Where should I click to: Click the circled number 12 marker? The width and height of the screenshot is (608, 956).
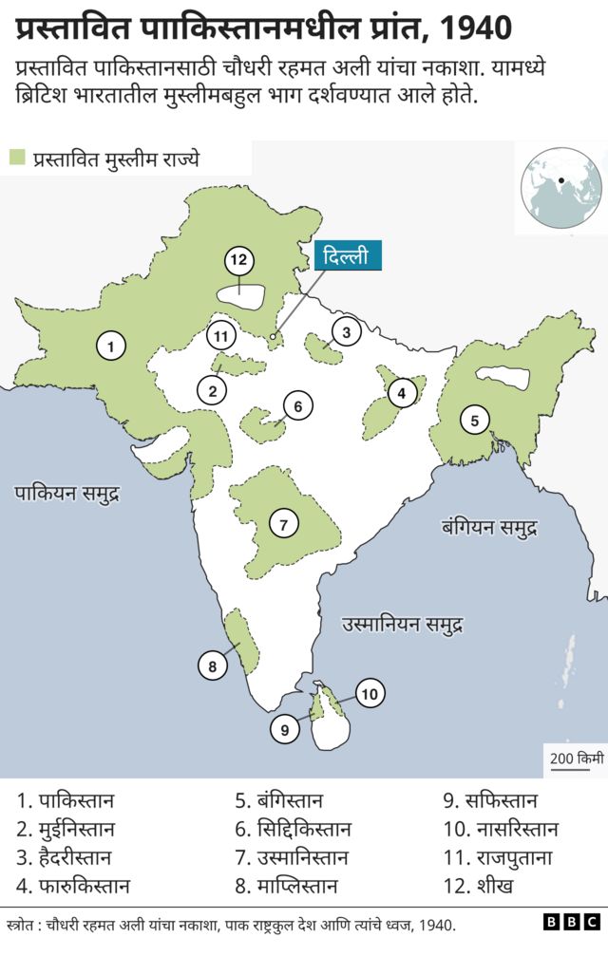[x=238, y=260]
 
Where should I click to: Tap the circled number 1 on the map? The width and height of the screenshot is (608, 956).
[x=112, y=347]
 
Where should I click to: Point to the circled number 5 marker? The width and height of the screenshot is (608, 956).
[x=474, y=418]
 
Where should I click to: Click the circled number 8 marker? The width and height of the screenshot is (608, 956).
[x=213, y=666]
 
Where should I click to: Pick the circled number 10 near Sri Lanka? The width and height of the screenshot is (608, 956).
[x=370, y=694]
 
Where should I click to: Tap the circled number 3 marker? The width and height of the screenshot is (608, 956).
[x=347, y=332]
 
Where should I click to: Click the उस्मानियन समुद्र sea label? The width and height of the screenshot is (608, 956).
[x=403, y=625]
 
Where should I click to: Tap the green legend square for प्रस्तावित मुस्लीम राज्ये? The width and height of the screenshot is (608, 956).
[x=17, y=158]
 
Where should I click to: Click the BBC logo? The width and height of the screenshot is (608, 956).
[x=572, y=923]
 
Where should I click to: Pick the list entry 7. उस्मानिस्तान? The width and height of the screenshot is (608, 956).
[x=292, y=858]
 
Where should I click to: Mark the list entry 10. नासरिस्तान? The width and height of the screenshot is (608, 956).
[x=501, y=830]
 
